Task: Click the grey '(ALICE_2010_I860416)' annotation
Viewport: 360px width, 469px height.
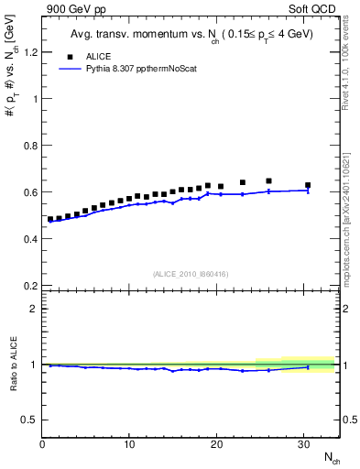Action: (x=190, y=274)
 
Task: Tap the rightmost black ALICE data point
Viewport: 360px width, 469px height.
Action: (x=308, y=185)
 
